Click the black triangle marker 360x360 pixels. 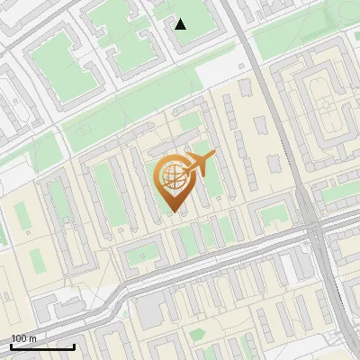click(x=181, y=23)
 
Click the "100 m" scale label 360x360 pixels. click(x=23, y=338)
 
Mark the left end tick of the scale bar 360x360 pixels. click(x=11, y=346)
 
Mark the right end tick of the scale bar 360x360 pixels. click(x=74, y=346)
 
